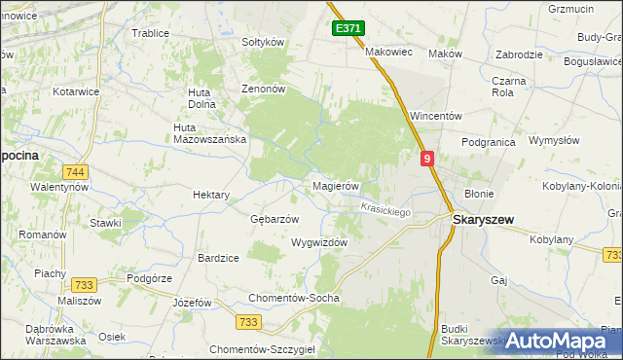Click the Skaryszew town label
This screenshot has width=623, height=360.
coord(484,220)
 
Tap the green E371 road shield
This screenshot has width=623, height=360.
coord(348,29)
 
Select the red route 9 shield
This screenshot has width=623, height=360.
coord(427,158)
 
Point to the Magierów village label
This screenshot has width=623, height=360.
coord(336,186)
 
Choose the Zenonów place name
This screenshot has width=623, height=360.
coord(263,89)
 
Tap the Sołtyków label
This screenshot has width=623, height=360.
coord(262,43)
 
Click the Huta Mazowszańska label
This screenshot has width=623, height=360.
coord(208,133)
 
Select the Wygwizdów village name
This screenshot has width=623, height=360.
coord(318,242)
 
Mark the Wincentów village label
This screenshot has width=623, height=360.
coord(435,116)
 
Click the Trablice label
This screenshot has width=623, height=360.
coord(150,33)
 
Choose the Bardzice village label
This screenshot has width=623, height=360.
coord(218,258)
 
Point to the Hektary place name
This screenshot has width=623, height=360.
coord(211,195)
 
